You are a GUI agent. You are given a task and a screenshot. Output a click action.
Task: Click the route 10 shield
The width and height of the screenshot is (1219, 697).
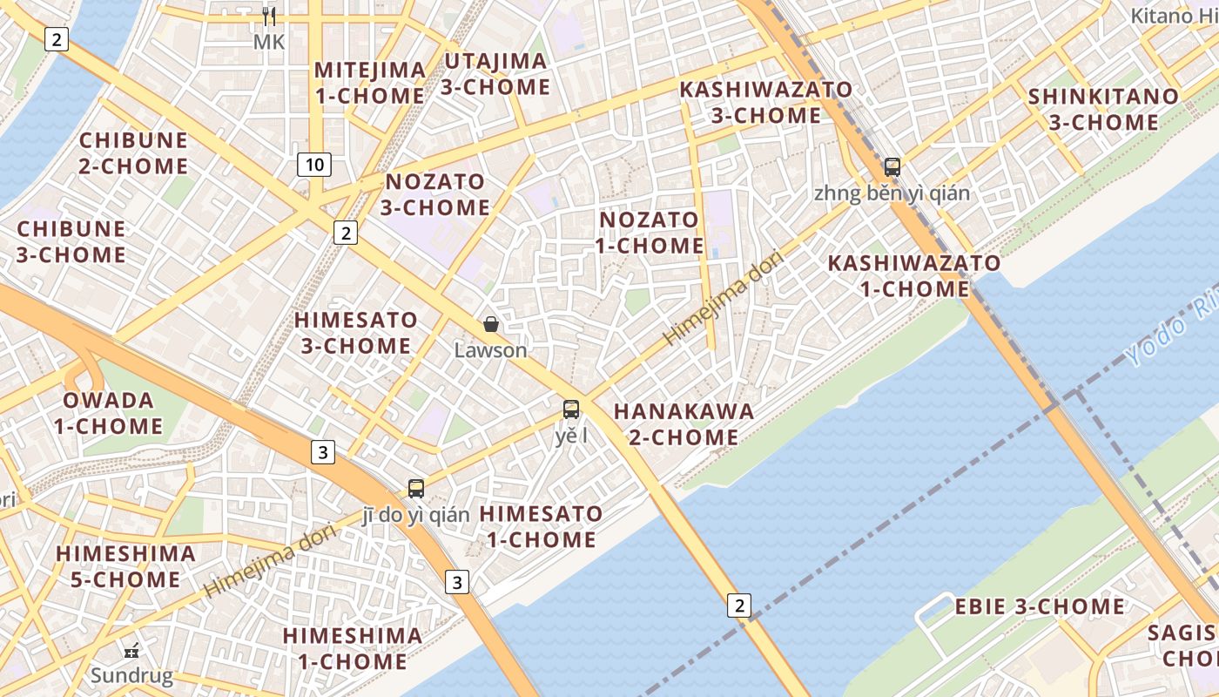[314, 164]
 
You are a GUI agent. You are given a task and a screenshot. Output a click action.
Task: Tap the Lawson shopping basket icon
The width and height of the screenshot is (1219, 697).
[491, 325]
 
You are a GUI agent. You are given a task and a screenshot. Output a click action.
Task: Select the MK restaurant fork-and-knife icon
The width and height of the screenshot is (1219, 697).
[269, 17]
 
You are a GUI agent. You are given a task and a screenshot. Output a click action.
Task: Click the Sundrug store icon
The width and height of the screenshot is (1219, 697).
[131, 650]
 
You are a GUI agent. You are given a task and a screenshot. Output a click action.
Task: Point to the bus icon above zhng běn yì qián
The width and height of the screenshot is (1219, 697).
[892, 166]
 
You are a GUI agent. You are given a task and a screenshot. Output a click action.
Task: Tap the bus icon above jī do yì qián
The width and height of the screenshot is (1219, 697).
[416, 488]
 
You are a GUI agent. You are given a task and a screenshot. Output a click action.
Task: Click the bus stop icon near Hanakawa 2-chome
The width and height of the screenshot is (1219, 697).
[571, 409]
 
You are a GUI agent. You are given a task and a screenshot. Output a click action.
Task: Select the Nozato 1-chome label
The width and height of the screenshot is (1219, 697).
[650, 233]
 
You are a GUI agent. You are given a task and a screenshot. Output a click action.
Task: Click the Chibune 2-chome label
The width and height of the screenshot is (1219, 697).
[133, 153]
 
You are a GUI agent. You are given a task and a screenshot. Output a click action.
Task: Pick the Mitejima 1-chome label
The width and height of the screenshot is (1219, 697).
[370, 83]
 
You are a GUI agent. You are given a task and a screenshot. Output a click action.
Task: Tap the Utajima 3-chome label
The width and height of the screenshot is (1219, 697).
[495, 74]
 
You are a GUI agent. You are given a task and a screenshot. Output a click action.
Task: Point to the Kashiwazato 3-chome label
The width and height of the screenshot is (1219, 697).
[765, 102]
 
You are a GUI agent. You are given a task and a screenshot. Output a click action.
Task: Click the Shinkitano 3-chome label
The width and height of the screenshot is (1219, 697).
[1103, 109]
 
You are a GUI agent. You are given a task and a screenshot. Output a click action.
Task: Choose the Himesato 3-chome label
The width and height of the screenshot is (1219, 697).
[355, 333]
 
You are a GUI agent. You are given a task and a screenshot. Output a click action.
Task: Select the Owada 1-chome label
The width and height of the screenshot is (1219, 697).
[108, 413]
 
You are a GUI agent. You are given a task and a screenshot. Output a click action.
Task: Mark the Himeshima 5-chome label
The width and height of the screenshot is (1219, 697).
[125, 566]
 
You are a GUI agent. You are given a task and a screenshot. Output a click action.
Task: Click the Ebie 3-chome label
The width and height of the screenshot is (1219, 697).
[1040, 606]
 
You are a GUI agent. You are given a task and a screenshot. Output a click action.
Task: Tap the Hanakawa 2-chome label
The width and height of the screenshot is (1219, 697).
[684, 423]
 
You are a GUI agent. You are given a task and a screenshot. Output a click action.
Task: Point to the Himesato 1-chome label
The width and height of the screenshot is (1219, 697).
[541, 526]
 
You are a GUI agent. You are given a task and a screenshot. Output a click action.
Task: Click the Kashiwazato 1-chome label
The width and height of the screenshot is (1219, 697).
[914, 275]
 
